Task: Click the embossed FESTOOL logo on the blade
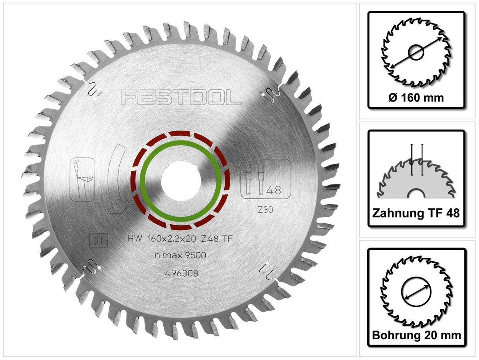click(x=181, y=97)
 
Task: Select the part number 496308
click(x=182, y=273)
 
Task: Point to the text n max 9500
click(x=180, y=255)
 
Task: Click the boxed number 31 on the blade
click(x=99, y=241)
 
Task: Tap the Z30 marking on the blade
click(x=265, y=210)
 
